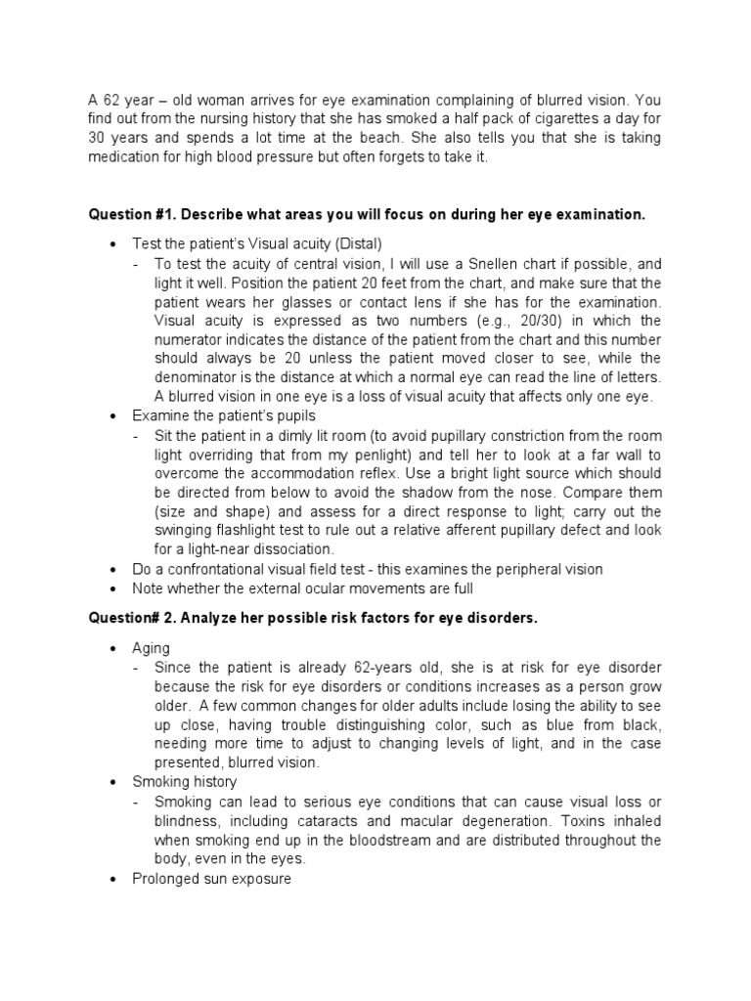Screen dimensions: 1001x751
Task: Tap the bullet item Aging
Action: click(x=151, y=648)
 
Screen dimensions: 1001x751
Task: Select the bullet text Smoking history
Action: click(x=185, y=782)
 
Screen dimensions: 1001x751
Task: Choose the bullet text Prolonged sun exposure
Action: click(x=211, y=878)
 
